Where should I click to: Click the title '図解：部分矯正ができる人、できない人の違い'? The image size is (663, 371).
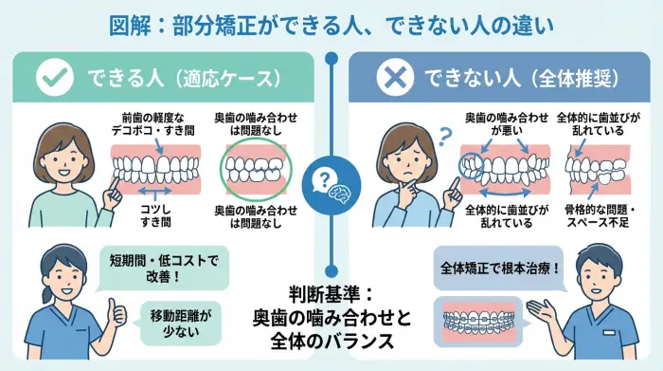331,22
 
